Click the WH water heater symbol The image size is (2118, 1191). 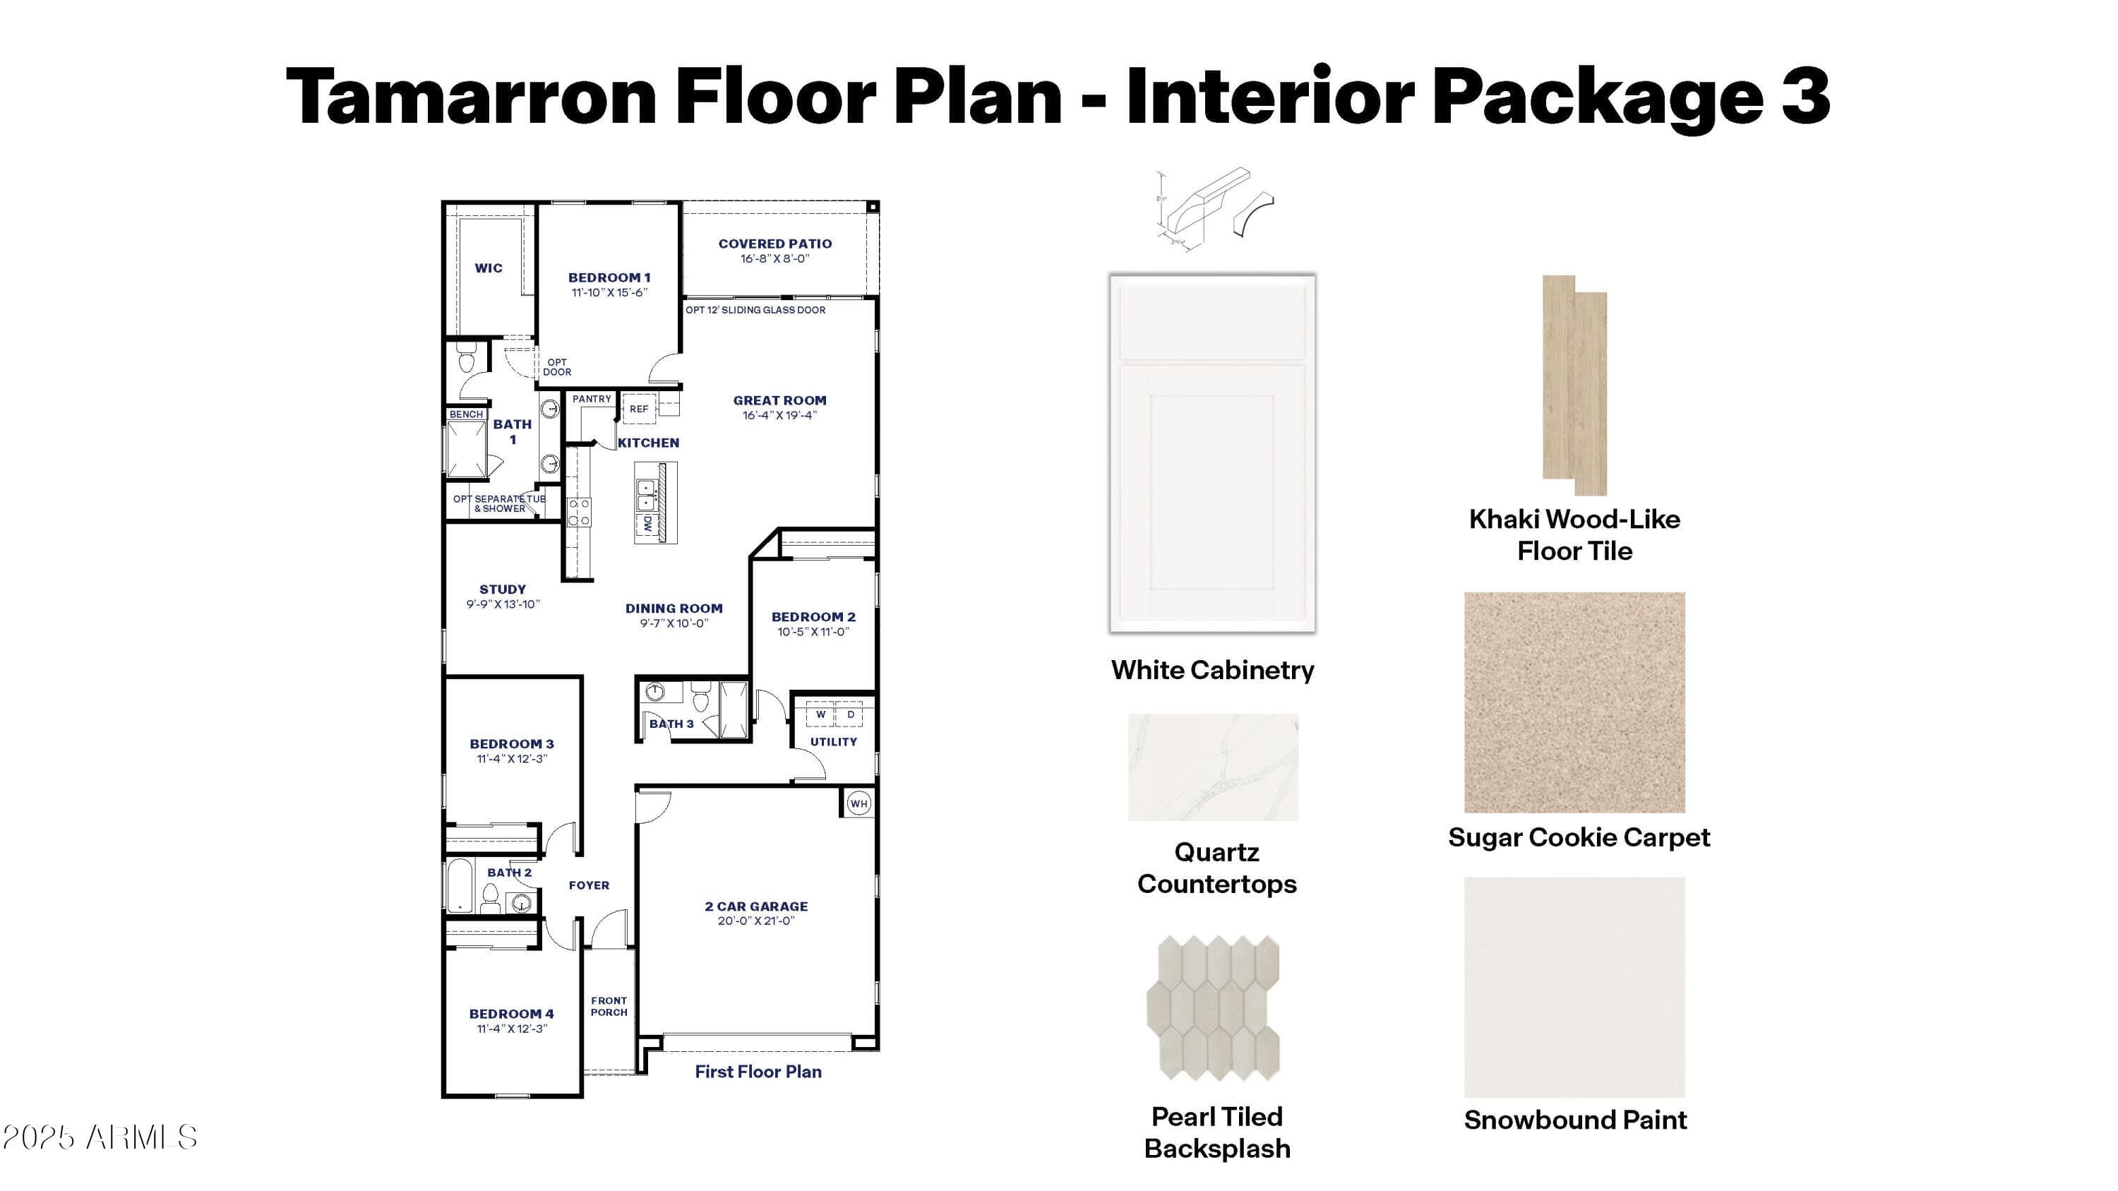click(x=858, y=804)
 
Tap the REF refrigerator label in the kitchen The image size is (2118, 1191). click(x=639, y=409)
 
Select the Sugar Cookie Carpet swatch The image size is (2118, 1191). click(x=1574, y=702)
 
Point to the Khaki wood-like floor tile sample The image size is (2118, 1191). click(x=1574, y=385)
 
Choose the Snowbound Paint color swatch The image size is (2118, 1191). click(x=1574, y=986)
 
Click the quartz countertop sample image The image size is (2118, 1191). click(x=1213, y=767)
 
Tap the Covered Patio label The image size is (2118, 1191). click(x=774, y=244)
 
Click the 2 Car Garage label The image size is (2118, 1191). click(x=755, y=906)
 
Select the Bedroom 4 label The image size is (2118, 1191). click(x=511, y=1015)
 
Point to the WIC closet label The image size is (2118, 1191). click(x=489, y=268)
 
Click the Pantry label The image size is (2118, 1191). click(x=592, y=400)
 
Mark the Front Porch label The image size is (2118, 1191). click(x=609, y=1007)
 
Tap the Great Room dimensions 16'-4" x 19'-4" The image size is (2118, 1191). click(x=779, y=416)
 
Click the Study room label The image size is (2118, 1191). click(x=503, y=589)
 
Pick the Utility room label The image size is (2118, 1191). click(x=834, y=742)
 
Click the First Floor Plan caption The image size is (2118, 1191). click(x=758, y=1072)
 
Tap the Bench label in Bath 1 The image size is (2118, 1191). click(x=466, y=414)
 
